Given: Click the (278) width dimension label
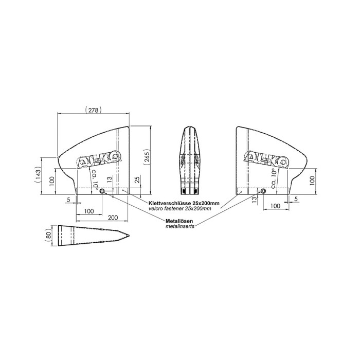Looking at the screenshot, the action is [93, 110].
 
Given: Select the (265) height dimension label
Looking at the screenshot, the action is [147, 157].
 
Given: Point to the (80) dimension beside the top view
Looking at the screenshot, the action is [48, 236].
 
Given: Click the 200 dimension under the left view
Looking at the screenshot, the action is [113, 217].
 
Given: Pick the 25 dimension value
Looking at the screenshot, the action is [137, 180].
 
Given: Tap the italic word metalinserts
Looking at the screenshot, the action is [180, 226].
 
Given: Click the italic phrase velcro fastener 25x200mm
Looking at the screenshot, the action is [180, 208].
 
